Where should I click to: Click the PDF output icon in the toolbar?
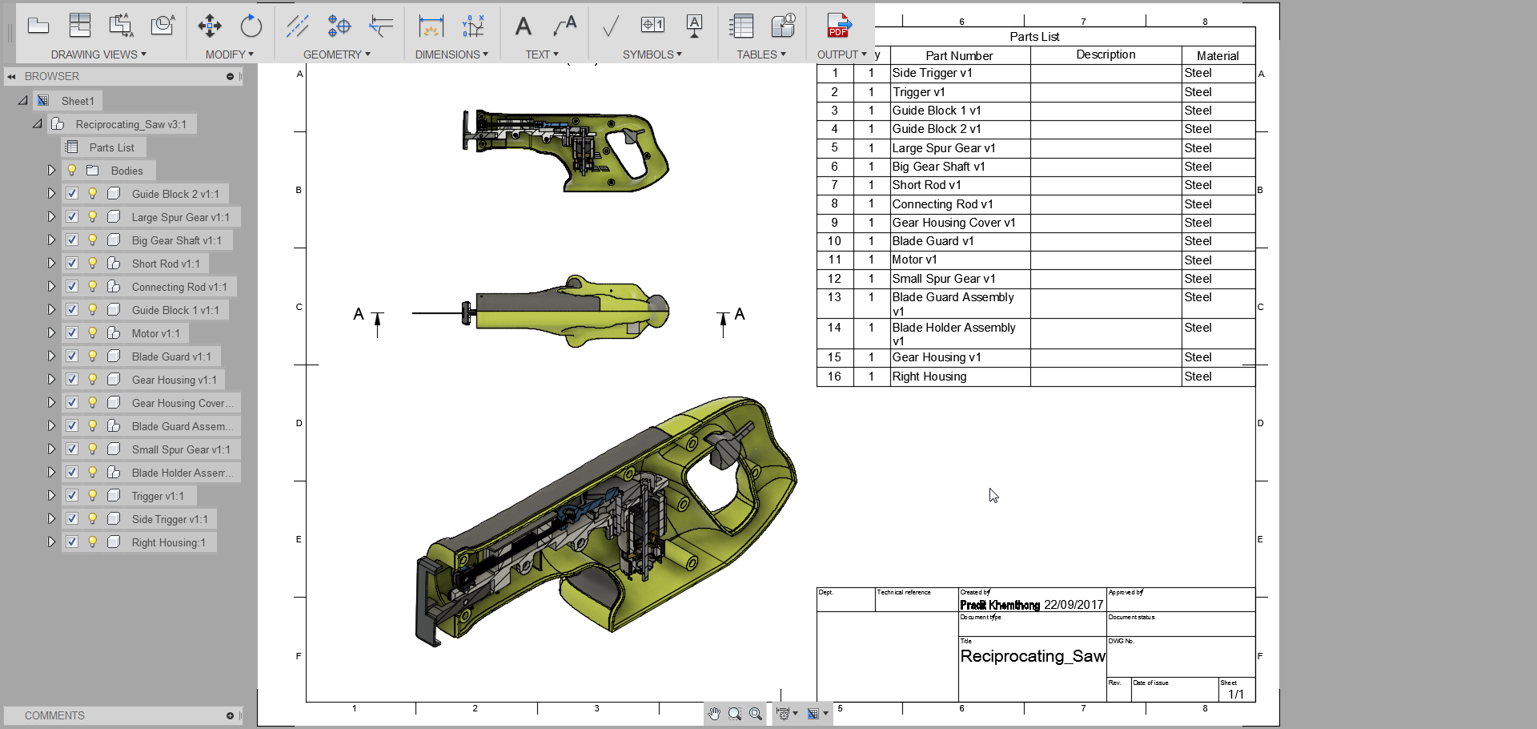(838, 25)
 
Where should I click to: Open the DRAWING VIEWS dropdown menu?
(98, 54)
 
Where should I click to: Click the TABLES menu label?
(760, 54)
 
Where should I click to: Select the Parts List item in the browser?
(111, 147)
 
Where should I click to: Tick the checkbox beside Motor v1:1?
(72, 332)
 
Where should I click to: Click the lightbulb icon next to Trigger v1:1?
(93, 496)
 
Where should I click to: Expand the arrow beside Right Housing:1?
(51, 542)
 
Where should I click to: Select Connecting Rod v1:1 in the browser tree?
(179, 287)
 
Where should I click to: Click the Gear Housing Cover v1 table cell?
(953, 223)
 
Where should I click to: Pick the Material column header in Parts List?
(1217, 55)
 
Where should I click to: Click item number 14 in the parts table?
(834, 328)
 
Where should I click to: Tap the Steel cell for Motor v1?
(1198, 260)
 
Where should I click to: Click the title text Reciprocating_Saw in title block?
(1032, 656)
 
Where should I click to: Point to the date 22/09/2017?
(1073, 605)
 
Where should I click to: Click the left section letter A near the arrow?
(359, 314)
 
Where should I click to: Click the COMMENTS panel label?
(54, 715)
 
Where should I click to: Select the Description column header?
(1105, 54)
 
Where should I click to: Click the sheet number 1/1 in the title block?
(1235, 694)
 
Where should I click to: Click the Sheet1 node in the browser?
(78, 101)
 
